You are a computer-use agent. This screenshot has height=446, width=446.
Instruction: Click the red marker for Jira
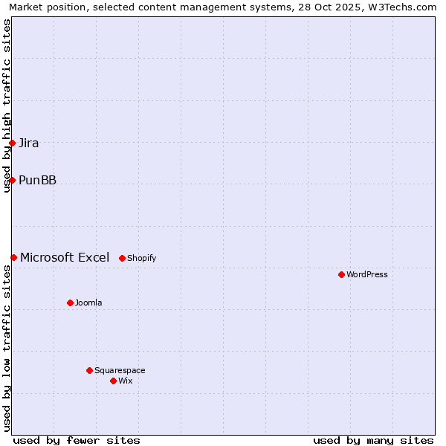coord(13,143)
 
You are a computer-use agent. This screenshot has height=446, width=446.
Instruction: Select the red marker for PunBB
coord(13,180)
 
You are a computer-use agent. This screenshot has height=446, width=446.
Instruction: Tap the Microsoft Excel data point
coord(13,257)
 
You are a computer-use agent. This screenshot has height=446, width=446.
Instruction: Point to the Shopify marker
coord(122,258)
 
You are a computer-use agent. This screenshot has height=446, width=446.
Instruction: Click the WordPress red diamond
coord(341,274)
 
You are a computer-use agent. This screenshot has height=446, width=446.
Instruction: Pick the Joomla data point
coord(70,303)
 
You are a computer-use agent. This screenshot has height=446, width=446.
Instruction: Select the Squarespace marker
coord(89,370)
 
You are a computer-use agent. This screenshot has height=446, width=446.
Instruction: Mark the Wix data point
coord(113,381)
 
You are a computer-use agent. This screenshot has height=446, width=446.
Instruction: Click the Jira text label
coord(29,143)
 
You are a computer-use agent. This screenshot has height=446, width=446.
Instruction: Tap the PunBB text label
coord(37,181)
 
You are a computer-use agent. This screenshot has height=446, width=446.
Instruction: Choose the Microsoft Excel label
coord(65,258)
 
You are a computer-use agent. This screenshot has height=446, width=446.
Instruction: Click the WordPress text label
coord(367,275)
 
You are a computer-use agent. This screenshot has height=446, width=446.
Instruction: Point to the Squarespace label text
coord(120,371)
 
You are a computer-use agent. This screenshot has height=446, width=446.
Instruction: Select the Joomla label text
coord(88,303)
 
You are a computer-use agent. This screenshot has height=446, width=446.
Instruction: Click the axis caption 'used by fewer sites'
coord(77,441)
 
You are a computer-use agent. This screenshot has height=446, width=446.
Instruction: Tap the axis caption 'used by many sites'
coord(373,441)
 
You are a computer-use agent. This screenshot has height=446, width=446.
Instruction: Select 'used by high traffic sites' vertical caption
coord(7,106)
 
